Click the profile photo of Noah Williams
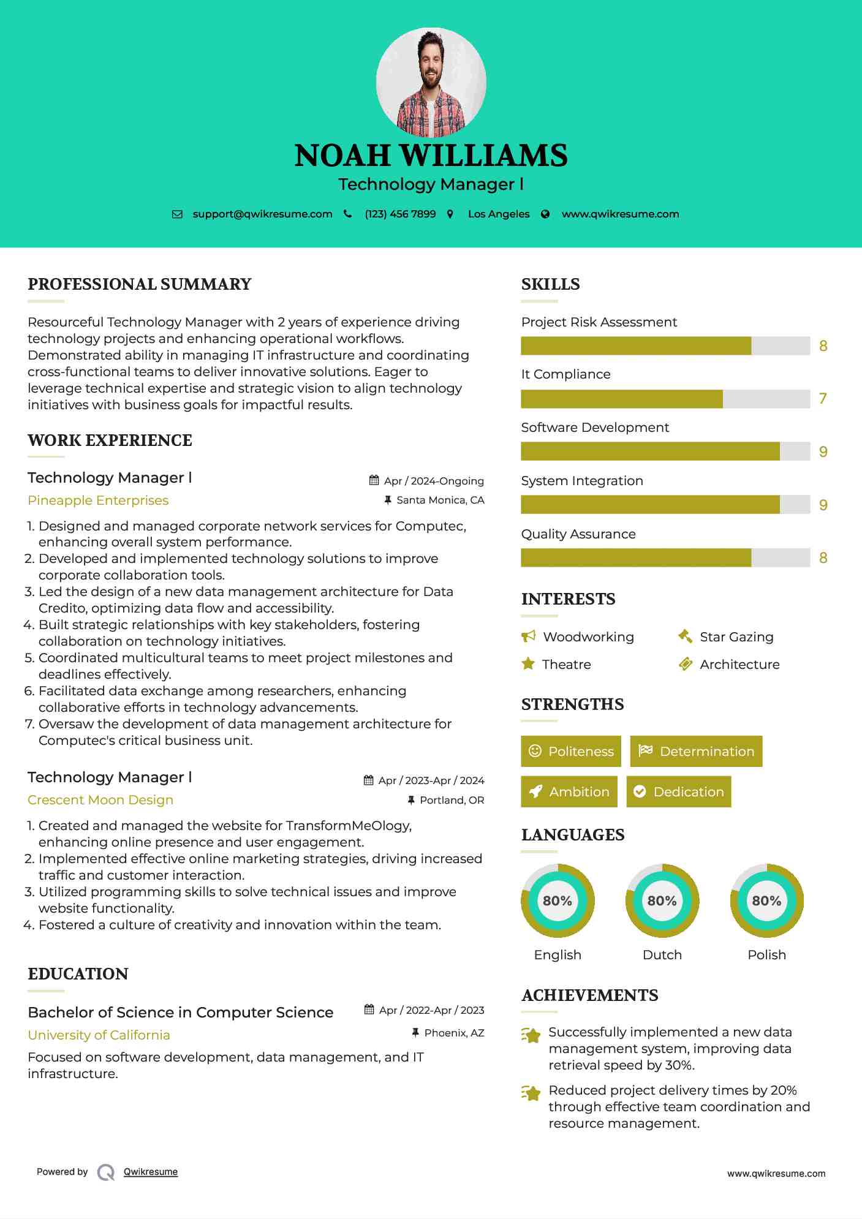[431, 82]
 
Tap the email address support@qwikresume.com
[262, 214]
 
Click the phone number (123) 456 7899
[400, 214]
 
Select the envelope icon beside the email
[177, 214]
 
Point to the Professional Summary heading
[140, 284]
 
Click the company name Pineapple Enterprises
[98, 500]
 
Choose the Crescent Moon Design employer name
[100, 800]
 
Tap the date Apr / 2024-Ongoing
[434, 481]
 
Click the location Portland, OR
[452, 800]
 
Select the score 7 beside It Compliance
[823, 399]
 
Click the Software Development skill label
[595, 428]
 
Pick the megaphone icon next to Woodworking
[528, 636]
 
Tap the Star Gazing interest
[736, 637]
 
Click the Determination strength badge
[696, 751]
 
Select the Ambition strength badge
[569, 791]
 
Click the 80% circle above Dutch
[662, 900]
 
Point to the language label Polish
[766, 954]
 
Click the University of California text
[99, 1035]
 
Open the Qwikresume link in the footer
[151, 1172]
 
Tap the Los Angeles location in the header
[499, 214]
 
